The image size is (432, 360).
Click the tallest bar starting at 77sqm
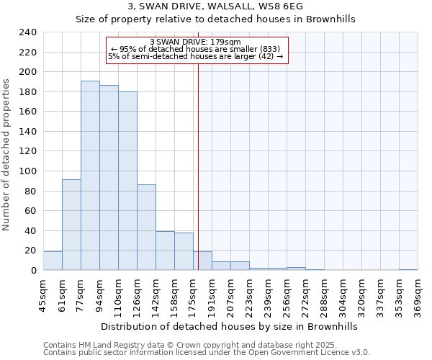[x=90, y=176]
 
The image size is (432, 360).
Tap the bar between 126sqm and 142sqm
[x=146, y=228]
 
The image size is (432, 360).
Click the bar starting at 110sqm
[x=127, y=181]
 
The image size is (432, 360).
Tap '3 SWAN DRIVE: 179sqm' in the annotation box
[x=196, y=42]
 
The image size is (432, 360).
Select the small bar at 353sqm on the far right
[x=408, y=269]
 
